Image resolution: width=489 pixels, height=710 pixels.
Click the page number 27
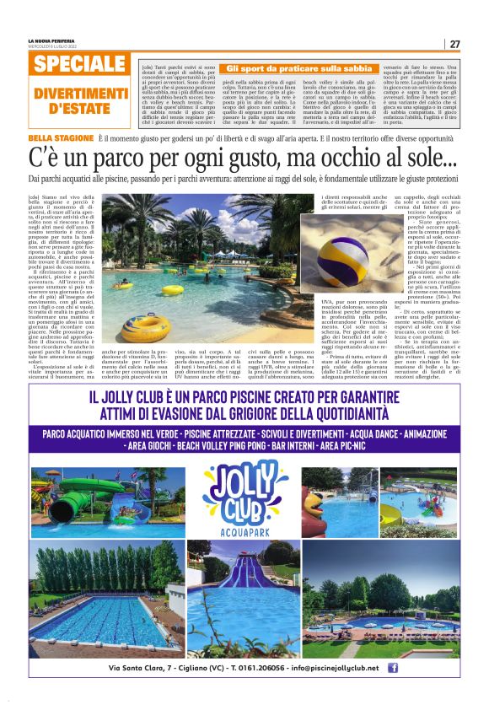(454, 44)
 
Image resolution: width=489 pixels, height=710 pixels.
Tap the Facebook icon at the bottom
(392, 668)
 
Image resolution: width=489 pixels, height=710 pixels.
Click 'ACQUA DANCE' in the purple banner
(341, 433)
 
